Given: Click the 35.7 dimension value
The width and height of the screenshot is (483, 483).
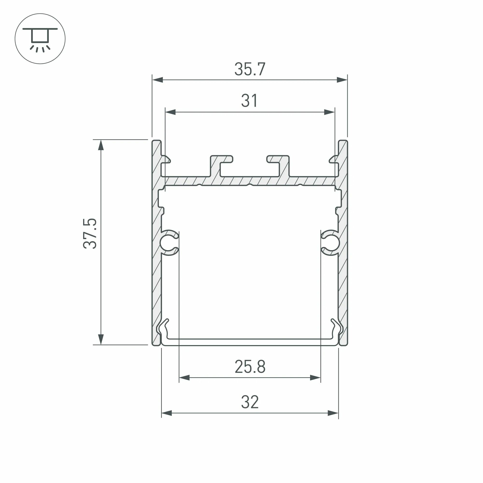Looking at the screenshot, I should coord(249,69).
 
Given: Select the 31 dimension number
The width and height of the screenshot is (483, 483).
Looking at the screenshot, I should coord(249,101).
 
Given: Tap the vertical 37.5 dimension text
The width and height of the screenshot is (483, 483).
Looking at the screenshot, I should coord(90,233).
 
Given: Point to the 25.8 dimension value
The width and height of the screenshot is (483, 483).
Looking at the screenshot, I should coord(250,367).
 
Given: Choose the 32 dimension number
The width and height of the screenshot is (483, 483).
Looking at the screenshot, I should coord(250,402).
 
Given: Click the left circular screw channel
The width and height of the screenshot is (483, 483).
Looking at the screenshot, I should coord(168,242).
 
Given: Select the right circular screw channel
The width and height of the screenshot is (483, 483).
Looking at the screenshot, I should coord(332,242).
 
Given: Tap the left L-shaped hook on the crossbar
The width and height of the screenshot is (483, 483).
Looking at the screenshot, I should coord(220,165).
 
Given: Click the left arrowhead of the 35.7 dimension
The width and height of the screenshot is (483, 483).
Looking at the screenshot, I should coord(157,80).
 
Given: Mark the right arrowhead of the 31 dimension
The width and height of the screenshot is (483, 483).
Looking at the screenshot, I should coord(329,112).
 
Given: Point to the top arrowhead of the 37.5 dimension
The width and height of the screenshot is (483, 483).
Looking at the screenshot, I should coord(101,145).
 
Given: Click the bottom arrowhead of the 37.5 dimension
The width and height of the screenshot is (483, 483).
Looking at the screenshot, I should coord(101,340).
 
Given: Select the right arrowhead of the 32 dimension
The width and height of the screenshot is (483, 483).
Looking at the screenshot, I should coord(333,413).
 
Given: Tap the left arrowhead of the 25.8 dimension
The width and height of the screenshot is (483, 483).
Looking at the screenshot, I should coord(185,378).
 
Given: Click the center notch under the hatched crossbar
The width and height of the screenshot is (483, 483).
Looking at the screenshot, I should coord(249,185).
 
